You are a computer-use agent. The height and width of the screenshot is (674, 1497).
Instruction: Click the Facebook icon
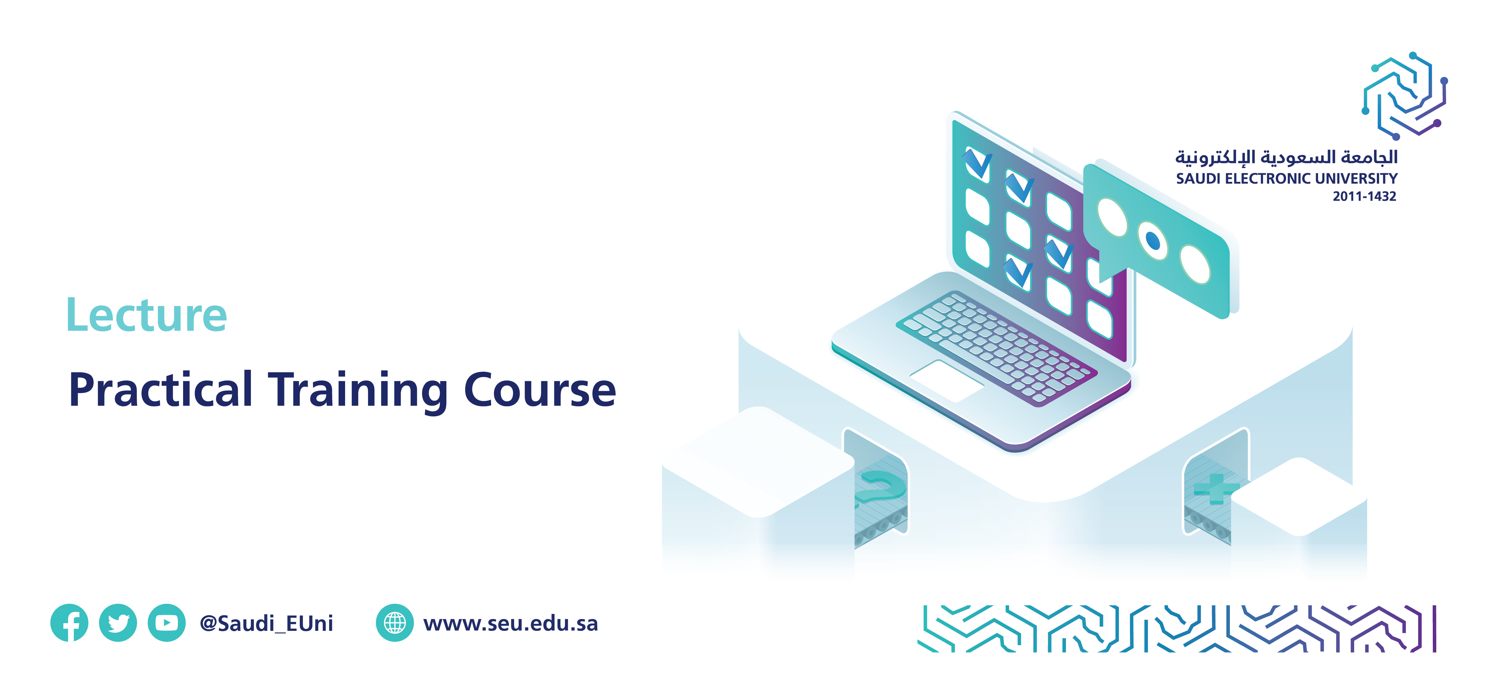point(69,623)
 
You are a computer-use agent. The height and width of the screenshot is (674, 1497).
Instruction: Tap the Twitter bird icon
point(118,623)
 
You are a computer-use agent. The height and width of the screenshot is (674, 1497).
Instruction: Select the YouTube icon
point(167,623)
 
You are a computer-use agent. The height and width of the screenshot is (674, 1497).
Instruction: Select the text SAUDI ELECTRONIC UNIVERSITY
point(1287,178)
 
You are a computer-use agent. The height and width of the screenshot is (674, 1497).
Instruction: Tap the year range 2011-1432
point(1364,197)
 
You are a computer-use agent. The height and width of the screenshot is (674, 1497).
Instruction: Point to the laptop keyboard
point(997,349)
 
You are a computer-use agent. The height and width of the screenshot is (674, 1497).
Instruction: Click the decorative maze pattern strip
point(1177,629)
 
